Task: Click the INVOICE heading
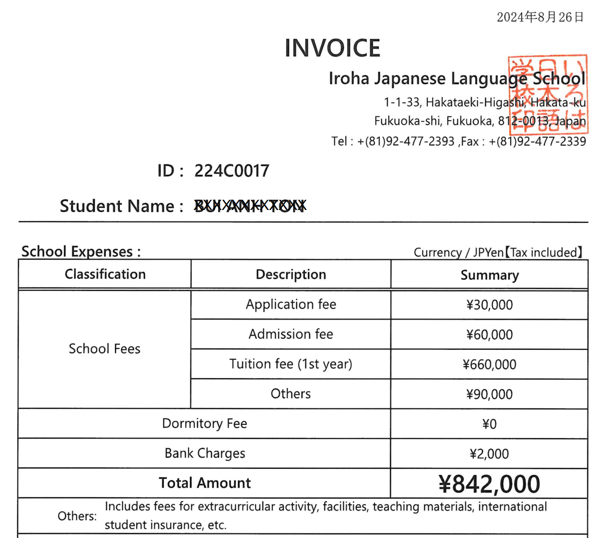pyautogui.click(x=332, y=48)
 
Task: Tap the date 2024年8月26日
pyautogui.click(x=540, y=17)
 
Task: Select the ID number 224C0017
pyautogui.click(x=232, y=171)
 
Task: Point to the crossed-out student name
pyautogui.click(x=250, y=206)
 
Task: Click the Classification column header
pyautogui.click(x=105, y=274)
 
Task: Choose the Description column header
pyautogui.click(x=291, y=274)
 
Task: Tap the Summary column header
pyautogui.click(x=489, y=275)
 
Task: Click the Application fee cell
pyautogui.click(x=291, y=305)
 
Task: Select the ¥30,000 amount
pyautogui.click(x=489, y=305)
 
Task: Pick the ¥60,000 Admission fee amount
pyautogui.click(x=489, y=335)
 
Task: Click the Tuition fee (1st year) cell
pyautogui.click(x=291, y=364)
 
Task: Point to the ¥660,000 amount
pyautogui.click(x=489, y=364)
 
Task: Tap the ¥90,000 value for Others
pyautogui.click(x=489, y=394)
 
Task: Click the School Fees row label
pyautogui.click(x=104, y=349)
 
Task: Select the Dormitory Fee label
pyautogui.click(x=205, y=423)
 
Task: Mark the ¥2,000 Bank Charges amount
pyautogui.click(x=489, y=454)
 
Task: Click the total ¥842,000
pyautogui.click(x=489, y=484)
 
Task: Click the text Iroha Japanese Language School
pyautogui.click(x=457, y=79)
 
